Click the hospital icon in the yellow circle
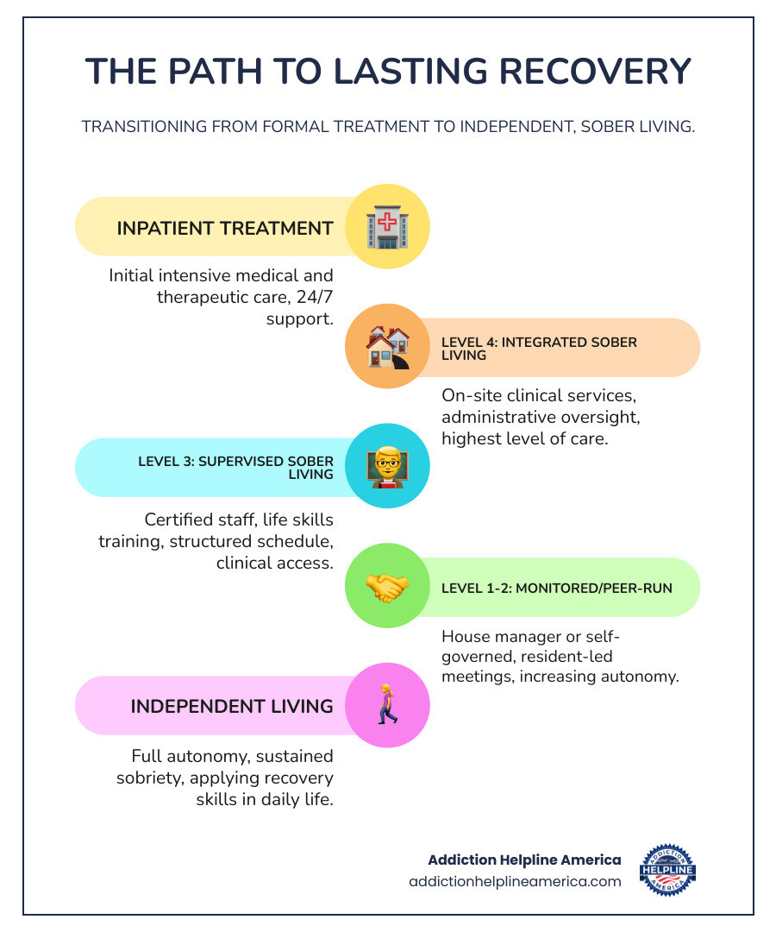pyautogui.click(x=387, y=226)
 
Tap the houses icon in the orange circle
pyautogui.click(x=387, y=347)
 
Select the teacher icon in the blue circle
pyautogui.click(x=387, y=467)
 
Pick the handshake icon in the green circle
pyautogui.click(x=387, y=587)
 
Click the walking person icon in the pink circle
pyautogui.click(x=387, y=705)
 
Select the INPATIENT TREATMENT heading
pyautogui.click(x=225, y=228)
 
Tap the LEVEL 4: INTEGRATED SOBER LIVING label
pyautogui.click(x=539, y=348)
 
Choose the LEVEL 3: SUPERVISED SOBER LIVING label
pyautogui.click(x=235, y=467)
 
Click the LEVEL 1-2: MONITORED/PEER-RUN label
pyautogui.click(x=557, y=588)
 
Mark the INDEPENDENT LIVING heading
pyautogui.click(x=232, y=706)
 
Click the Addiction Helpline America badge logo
pyautogui.click(x=668, y=870)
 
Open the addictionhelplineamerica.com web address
pyautogui.click(x=515, y=881)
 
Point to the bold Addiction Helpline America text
pyautogui.click(x=524, y=860)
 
